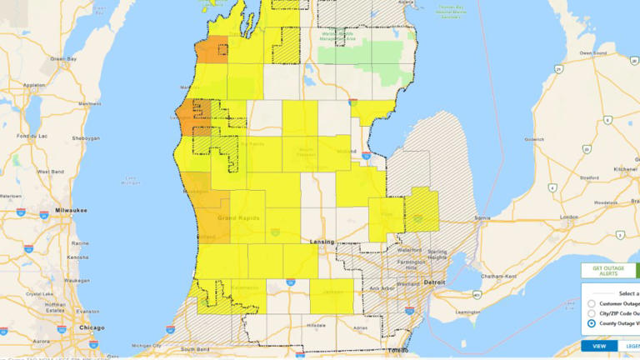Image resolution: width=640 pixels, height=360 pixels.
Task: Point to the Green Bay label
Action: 63,58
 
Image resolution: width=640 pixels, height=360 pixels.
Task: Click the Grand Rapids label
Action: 237,218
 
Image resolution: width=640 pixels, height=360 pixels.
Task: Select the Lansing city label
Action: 322,242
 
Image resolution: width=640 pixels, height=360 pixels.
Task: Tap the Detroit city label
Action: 434,283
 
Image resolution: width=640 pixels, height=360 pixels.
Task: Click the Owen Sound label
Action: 592,52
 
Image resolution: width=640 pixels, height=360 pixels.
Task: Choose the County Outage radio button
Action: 591,323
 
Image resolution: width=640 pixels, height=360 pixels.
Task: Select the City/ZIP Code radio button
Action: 591,313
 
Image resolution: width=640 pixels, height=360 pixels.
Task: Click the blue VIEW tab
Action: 598,346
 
